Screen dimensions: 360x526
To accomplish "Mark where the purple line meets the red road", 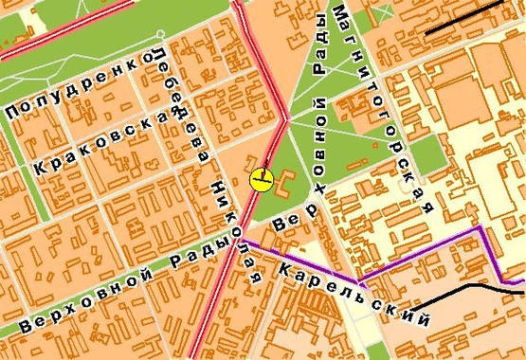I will coord(241,240).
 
